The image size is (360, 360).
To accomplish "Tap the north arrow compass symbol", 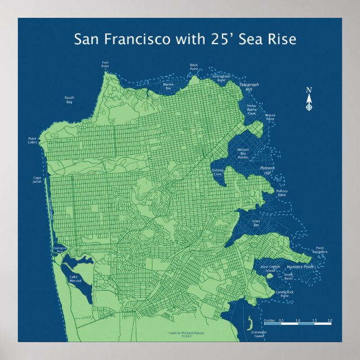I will click(x=309, y=99).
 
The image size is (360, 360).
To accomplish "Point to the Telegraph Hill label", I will click(x=249, y=87).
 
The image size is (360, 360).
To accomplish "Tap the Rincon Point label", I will click(x=270, y=117).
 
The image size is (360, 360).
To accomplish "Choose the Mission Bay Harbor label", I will click(x=243, y=154).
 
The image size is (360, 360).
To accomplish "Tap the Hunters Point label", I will click(x=302, y=267).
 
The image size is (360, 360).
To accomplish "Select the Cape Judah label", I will click(x=37, y=180).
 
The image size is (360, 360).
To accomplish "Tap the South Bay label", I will click(x=69, y=100).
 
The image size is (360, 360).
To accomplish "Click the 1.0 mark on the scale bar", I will click(x=297, y=320).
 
